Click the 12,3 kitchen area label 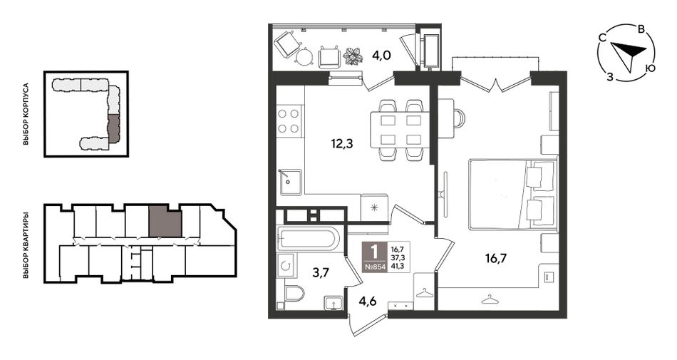342,144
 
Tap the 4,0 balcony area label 381,55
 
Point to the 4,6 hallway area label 368,301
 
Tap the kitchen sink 290,182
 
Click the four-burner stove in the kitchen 289,121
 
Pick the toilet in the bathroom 294,293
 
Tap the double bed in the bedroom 512,194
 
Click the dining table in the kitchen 400,130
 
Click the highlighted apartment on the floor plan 165,222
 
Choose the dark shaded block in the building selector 113,128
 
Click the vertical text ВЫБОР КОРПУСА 26,114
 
